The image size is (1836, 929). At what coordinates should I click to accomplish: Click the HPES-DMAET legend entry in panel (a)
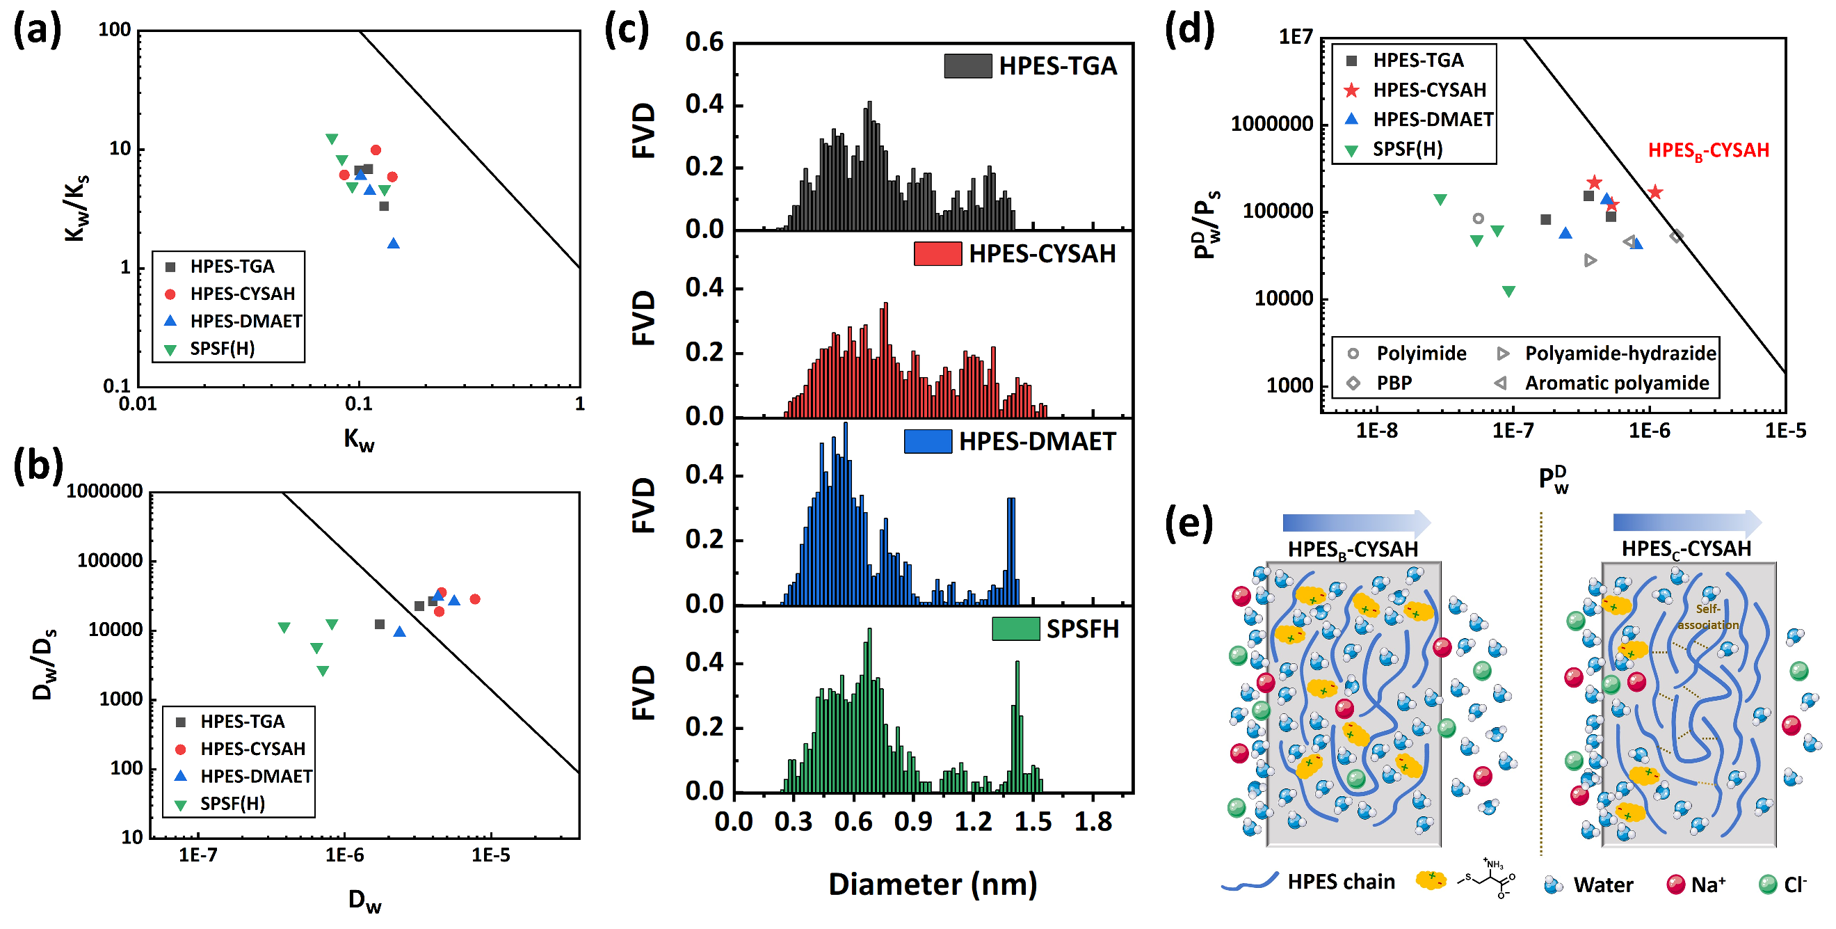click(x=245, y=321)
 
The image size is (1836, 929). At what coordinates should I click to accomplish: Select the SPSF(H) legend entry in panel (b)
click(x=232, y=804)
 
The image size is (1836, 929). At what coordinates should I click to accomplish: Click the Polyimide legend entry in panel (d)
click(x=1421, y=354)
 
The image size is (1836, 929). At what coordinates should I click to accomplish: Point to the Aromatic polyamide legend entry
click(x=1616, y=383)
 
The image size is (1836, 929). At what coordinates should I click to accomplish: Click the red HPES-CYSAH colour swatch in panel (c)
click(x=937, y=254)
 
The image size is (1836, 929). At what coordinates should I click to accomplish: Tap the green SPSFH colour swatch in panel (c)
click(x=1015, y=629)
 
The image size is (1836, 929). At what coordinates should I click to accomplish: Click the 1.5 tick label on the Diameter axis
click(x=1033, y=822)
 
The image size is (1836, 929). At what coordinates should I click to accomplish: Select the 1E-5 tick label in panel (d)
click(x=1785, y=431)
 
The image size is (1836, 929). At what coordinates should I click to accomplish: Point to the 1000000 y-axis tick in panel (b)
click(x=105, y=491)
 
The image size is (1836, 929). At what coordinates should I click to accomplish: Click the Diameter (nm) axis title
click(x=932, y=884)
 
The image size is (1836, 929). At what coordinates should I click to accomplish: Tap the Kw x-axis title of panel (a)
click(x=358, y=440)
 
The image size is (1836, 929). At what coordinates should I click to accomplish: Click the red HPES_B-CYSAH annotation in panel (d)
click(x=1708, y=150)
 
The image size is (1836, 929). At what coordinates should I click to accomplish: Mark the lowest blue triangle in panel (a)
click(x=394, y=244)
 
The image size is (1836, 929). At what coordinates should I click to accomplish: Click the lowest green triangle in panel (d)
click(x=1509, y=291)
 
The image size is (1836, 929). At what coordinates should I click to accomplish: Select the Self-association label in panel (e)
click(x=1707, y=617)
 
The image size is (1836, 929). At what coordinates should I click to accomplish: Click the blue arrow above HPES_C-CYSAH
click(x=1686, y=523)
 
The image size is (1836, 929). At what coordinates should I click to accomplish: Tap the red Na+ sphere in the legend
click(x=1675, y=884)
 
